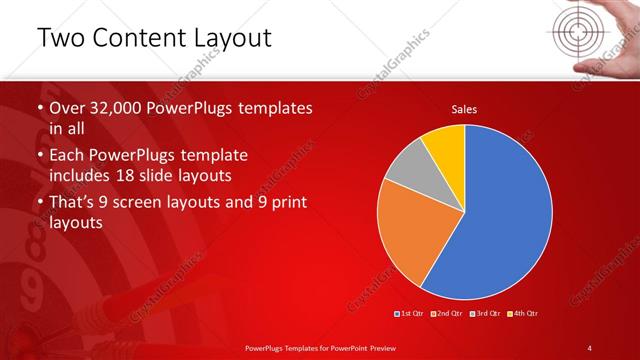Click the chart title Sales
(x=464, y=109)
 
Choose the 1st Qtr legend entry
(x=411, y=314)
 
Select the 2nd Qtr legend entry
(x=447, y=314)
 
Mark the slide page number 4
(x=591, y=347)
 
